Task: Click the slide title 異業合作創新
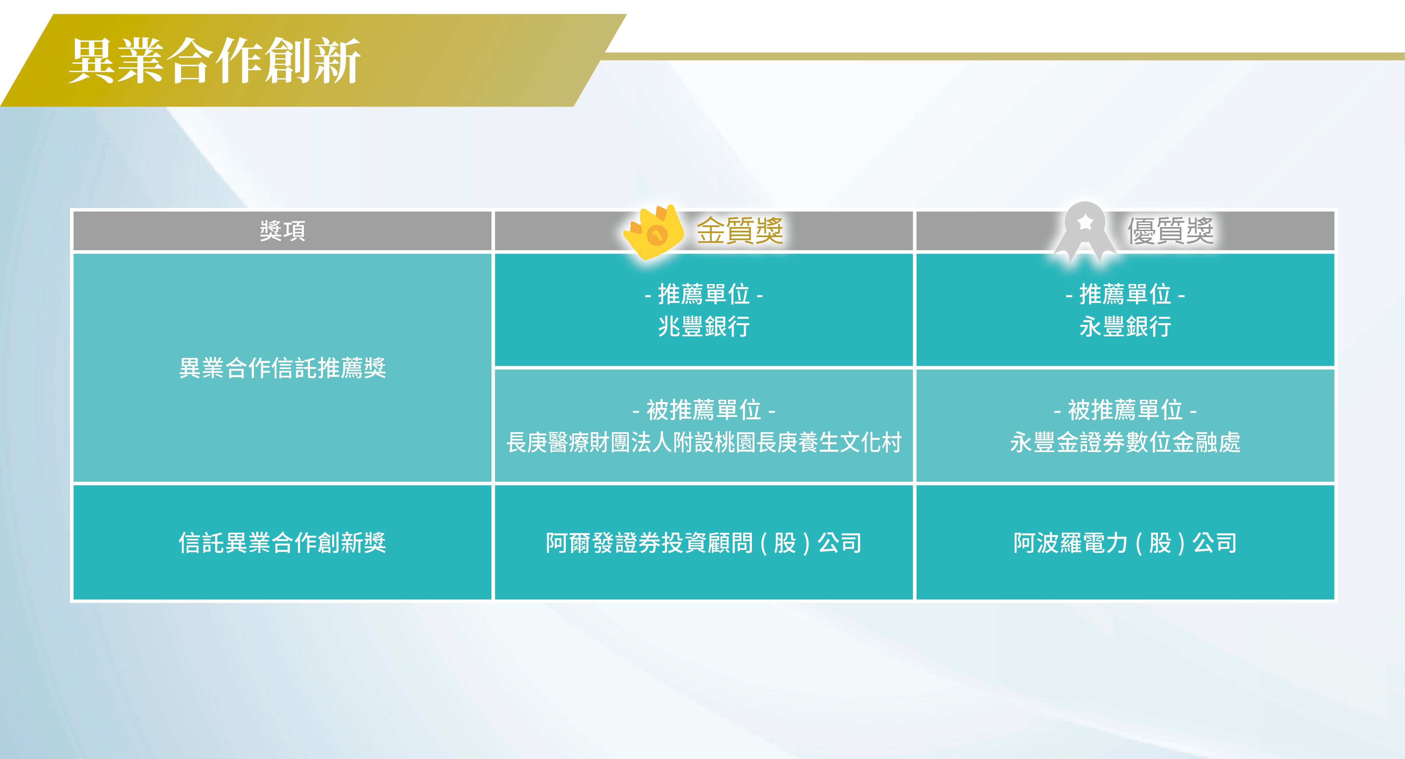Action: [x=214, y=61]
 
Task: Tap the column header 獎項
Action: [x=283, y=231]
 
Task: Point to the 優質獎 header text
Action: [x=1170, y=231]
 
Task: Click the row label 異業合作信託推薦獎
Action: [x=283, y=368]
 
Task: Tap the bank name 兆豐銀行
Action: [x=704, y=326]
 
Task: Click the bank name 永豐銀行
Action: [x=1125, y=326]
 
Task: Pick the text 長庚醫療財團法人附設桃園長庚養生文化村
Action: [x=704, y=442]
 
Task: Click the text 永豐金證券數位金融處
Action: [x=1125, y=442]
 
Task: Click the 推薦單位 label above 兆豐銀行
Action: [x=704, y=294]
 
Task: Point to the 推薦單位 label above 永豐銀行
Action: [x=1125, y=294]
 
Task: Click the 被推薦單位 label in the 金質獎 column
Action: [x=704, y=410]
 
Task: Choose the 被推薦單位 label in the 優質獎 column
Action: [x=1125, y=410]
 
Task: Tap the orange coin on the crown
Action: [x=658, y=235]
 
